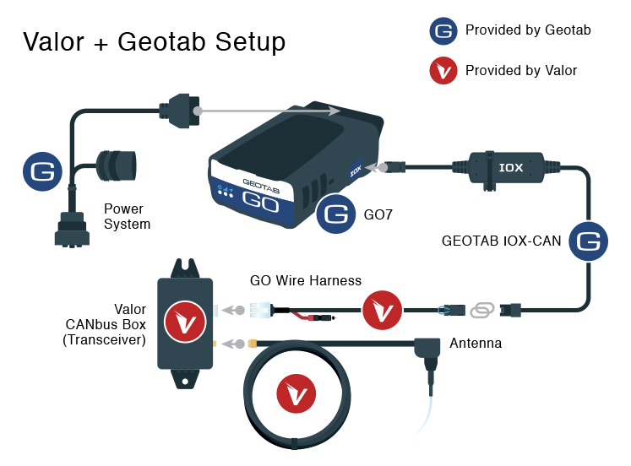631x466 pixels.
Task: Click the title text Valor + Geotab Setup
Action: tap(154, 41)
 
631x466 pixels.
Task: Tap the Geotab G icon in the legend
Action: tap(443, 30)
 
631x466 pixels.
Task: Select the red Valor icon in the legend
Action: tap(443, 70)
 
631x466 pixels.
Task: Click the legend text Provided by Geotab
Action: tap(528, 30)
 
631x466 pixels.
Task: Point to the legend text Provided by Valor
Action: tap(521, 70)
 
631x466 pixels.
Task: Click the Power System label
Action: tap(127, 216)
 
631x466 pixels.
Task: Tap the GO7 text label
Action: tap(378, 215)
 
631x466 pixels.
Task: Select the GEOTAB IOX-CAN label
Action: tap(502, 241)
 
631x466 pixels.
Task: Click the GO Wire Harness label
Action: tap(306, 280)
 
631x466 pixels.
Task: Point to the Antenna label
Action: tap(476, 344)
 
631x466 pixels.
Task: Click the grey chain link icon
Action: tap(480, 311)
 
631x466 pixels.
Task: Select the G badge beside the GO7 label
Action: tap(335, 214)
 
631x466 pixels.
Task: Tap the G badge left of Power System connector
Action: tap(42, 171)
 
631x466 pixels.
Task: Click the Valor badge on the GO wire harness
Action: tap(383, 311)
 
